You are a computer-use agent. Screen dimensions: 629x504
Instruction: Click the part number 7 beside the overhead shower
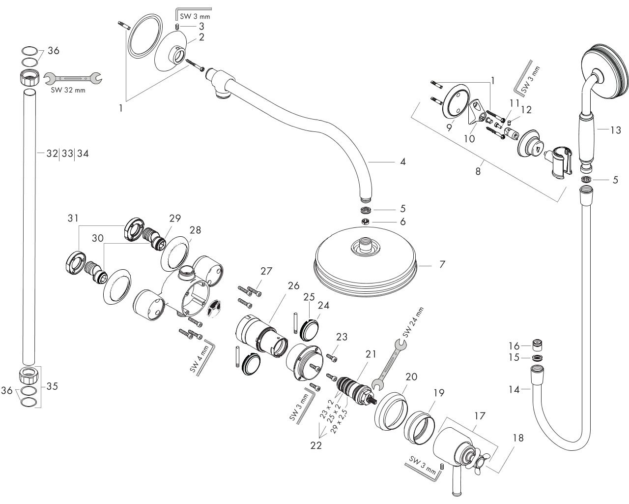[442, 264]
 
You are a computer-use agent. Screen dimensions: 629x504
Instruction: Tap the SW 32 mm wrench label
[68, 91]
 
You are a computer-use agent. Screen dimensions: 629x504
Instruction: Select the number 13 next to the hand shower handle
[615, 130]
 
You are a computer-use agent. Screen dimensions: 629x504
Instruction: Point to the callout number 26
[293, 285]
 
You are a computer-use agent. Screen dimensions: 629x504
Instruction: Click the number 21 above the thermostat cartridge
[371, 354]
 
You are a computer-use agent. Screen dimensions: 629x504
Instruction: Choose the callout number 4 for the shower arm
[403, 161]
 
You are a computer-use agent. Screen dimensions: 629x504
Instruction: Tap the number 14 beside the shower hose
[514, 390]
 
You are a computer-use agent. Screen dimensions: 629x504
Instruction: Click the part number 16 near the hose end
[514, 346]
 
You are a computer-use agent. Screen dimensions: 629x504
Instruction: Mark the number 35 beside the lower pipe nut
[52, 386]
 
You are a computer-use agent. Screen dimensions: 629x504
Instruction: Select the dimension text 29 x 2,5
[339, 421]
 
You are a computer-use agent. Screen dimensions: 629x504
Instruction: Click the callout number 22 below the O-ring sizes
[315, 445]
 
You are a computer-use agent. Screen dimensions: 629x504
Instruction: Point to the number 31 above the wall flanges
[73, 218]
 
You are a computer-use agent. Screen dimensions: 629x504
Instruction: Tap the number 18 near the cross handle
[518, 438]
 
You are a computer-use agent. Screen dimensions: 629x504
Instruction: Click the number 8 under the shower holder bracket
[478, 171]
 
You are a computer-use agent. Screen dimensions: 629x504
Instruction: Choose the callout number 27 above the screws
[266, 271]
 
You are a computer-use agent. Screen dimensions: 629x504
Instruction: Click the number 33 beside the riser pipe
[67, 154]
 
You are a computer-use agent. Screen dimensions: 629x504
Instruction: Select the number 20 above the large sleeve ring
[411, 377]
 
